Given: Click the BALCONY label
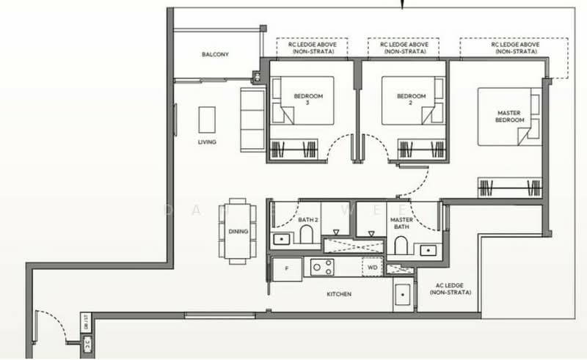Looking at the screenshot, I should [216, 54].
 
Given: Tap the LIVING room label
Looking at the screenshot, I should [207, 142].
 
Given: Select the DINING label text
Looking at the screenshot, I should [238, 232].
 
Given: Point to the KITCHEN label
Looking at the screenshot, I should [338, 294].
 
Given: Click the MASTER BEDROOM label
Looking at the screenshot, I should [508, 116].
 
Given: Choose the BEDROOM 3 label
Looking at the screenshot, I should [305, 100].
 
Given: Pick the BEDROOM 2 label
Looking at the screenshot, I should [411, 100].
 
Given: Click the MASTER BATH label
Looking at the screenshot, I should [401, 222].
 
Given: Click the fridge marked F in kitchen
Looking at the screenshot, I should [287, 270].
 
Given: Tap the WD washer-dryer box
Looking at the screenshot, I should [371, 268].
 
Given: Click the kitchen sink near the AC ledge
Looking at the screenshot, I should [403, 297].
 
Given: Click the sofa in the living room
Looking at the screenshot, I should [252, 120].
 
